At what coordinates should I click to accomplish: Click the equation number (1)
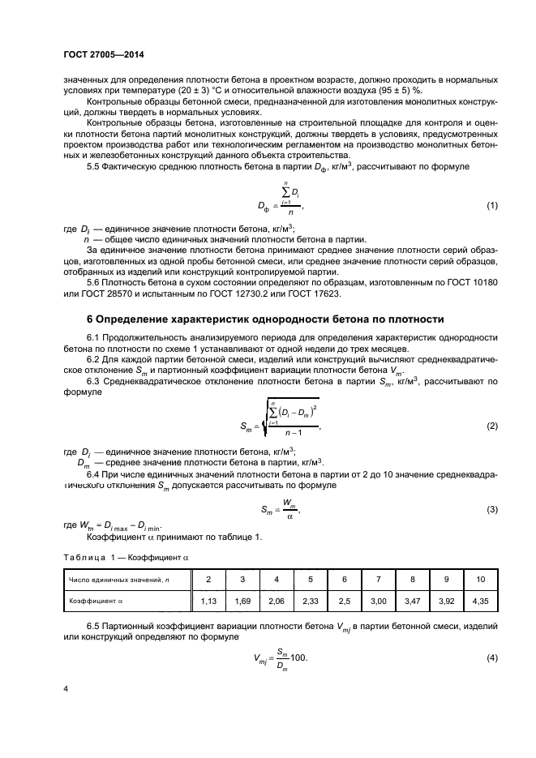pos(491,206)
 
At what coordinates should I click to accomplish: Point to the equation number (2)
pos(491,426)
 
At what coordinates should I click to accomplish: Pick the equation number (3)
pos(491,510)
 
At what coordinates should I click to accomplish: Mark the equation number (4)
pos(491,657)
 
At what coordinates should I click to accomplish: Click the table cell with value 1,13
pos(208,601)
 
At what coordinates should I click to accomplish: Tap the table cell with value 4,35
pos(480,601)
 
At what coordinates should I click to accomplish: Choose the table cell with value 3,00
pos(378,601)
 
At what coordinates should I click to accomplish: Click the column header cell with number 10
pos(480,579)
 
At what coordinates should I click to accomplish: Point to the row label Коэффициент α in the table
pos(94,601)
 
